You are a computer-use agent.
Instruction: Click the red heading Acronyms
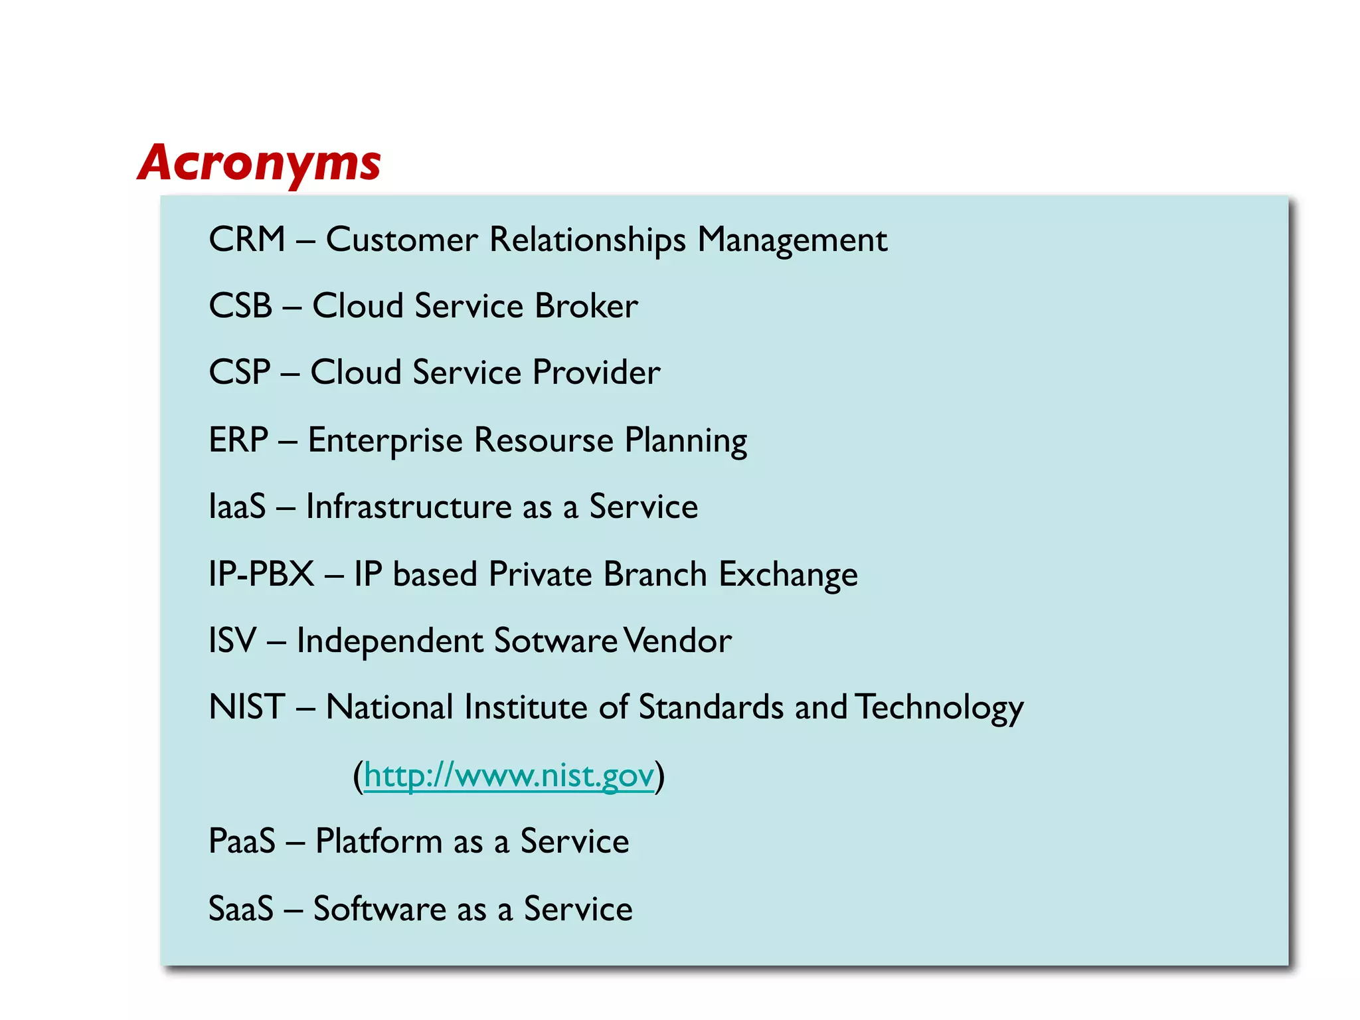[x=259, y=163]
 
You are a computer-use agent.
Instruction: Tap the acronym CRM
[x=246, y=239]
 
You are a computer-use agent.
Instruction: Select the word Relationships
[x=587, y=240]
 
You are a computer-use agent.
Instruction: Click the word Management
[x=792, y=240]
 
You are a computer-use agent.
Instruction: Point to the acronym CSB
[x=240, y=306]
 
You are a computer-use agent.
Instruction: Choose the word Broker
[x=586, y=306]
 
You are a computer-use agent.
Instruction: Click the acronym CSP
[x=240, y=372]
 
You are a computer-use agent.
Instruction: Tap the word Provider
[x=596, y=372]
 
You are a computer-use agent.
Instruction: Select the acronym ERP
[x=238, y=440]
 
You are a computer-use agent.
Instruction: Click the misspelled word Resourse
[x=544, y=440]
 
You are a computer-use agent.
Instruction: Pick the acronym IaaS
[x=237, y=507]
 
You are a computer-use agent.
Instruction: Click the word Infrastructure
[x=408, y=507]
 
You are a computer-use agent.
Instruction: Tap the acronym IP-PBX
[x=261, y=574]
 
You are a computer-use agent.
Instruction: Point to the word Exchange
[x=788, y=574]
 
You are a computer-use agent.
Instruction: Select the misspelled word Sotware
[x=556, y=641]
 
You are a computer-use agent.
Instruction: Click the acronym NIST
[x=247, y=707]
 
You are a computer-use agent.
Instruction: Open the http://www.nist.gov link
[x=509, y=775]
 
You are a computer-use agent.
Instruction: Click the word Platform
[x=379, y=841]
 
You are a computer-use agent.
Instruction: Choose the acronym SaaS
[x=241, y=908]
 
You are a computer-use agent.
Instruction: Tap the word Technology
[x=939, y=707]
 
